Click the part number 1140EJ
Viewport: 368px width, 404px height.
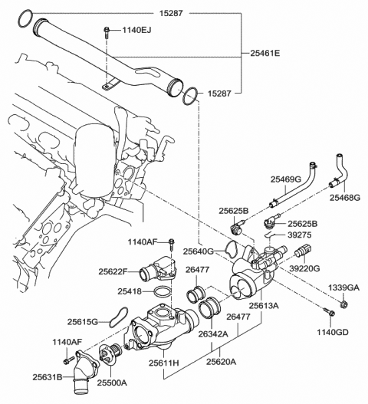pos(137,31)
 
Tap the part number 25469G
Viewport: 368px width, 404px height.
pos(285,179)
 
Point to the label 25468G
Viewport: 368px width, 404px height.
pos(343,197)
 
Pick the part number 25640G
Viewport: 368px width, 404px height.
pos(199,250)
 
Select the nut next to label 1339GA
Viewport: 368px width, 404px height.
pos(342,307)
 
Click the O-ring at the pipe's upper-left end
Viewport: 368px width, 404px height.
pos(25,17)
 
